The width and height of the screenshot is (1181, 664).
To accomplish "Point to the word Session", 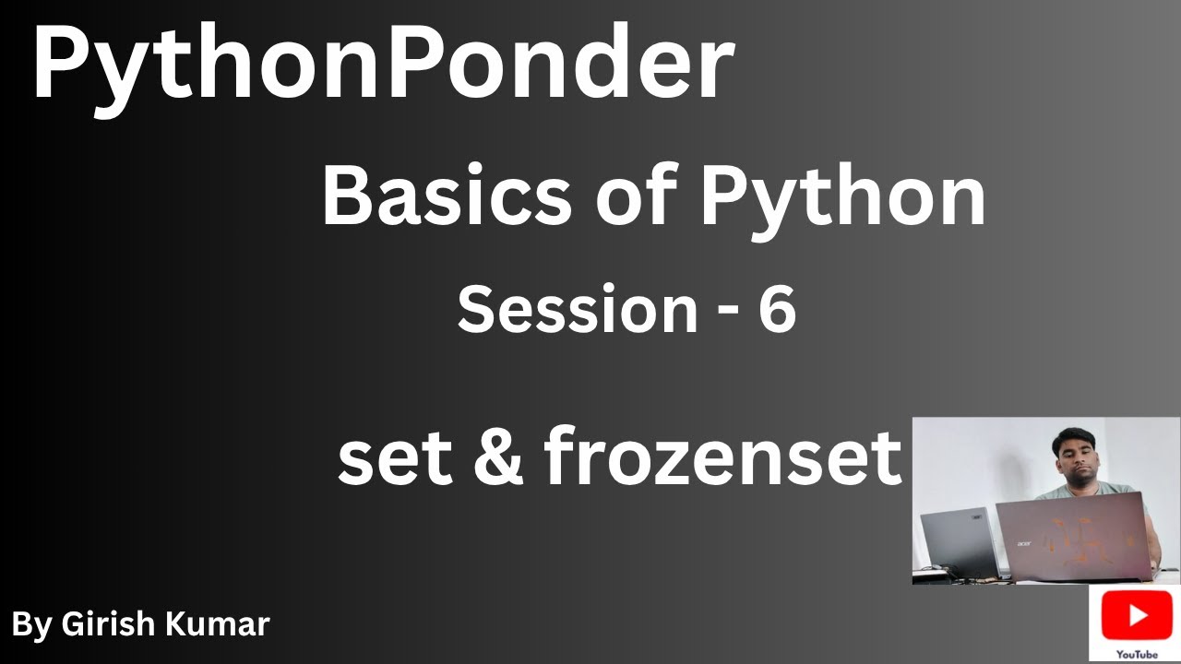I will pos(578,310).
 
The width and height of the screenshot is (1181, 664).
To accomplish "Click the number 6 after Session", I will pos(777,310).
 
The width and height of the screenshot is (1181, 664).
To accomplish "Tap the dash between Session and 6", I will pos(727,314).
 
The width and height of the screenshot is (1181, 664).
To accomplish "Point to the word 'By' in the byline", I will pos(31,625).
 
